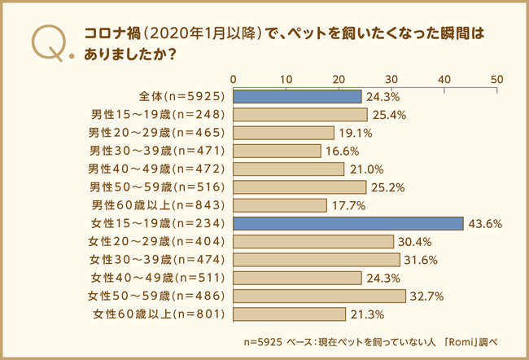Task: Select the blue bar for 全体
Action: [x=297, y=96]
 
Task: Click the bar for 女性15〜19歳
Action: [x=348, y=223]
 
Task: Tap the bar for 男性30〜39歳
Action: [x=277, y=151]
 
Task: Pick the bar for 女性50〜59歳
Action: [x=319, y=296]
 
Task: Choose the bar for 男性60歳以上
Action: [x=280, y=205]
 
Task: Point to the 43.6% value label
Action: [x=484, y=223]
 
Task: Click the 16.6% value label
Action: [x=342, y=151]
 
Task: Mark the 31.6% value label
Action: [x=421, y=260]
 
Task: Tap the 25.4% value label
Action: [x=388, y=115]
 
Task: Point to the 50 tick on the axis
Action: [x=497, y=79]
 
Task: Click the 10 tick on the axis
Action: [x=286, y=79]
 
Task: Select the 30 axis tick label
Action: [x=391, y=79]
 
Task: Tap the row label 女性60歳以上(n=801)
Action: [x=159, y=314]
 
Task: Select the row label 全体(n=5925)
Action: [x=182, y=96]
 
